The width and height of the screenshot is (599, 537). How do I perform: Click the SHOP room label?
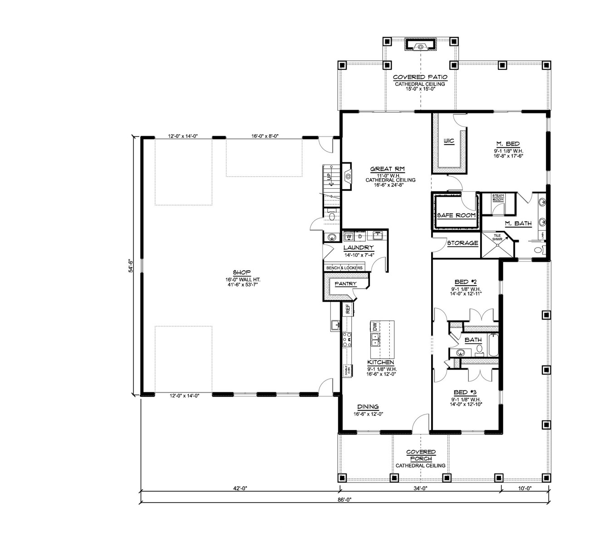pyautogui.click(x=242, y=273)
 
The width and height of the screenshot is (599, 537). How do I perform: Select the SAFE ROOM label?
pyautogui.click(x=456, y=215)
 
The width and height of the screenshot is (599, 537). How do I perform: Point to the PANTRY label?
pyautogui.click(x=345, y=284)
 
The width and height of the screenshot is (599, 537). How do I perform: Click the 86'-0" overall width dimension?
pyautogui.click(x=345, y=500)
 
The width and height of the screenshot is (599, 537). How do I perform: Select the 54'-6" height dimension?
pyautogui.click(x=130, y=266)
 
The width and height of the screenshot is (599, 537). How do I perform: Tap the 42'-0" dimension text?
pyautogui.click(x=239, y=488)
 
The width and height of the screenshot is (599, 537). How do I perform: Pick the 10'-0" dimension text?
pyautogui.click(x=524, y=488)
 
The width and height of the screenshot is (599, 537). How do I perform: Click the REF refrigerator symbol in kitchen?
pyautogui.click(x=348, y=309)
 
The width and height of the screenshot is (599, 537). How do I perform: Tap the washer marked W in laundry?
pyautogui.click(x=349, y=236)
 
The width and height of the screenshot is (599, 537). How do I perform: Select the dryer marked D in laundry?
pyautogui.click(x=360, y=236)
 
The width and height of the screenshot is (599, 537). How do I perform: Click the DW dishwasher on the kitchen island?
pyautogui.click(x=375, y=326)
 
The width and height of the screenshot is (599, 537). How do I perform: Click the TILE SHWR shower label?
pyautogui.click(x=491, y=237)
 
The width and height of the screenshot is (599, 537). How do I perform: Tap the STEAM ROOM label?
pyautogui.click(x=498, y=197)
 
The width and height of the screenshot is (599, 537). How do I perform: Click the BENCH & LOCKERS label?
pyautogui.click(x=344, y=268)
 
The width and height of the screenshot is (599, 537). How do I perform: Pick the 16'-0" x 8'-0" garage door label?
pyautogui.click(x=265, y=136)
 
